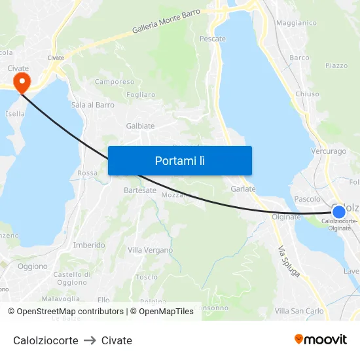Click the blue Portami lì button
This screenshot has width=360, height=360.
coord(179,160)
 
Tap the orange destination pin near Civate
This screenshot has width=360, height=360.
coord(22,83)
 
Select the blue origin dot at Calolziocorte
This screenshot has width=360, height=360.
coord(338,211)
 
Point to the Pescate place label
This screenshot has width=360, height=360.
coord(212,39)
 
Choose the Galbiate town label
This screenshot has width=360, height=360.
coord(140,126)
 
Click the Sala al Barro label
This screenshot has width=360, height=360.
coord(92,105)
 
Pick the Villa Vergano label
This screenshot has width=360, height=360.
coord(150,250)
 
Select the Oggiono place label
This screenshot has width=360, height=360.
coord(33,266)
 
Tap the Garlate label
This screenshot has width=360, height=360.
coord(243,189)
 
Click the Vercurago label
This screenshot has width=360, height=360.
coord(329,151)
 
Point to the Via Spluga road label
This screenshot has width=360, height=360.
coord(289,261)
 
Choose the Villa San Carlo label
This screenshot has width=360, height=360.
coord(299,310)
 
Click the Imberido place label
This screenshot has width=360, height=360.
coord(89,245)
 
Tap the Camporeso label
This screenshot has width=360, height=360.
coord(115,82)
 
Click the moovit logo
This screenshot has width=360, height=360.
coord(320,340)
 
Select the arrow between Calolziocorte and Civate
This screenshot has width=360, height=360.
coord(90,340)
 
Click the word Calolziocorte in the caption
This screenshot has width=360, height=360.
coord(45,340)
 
